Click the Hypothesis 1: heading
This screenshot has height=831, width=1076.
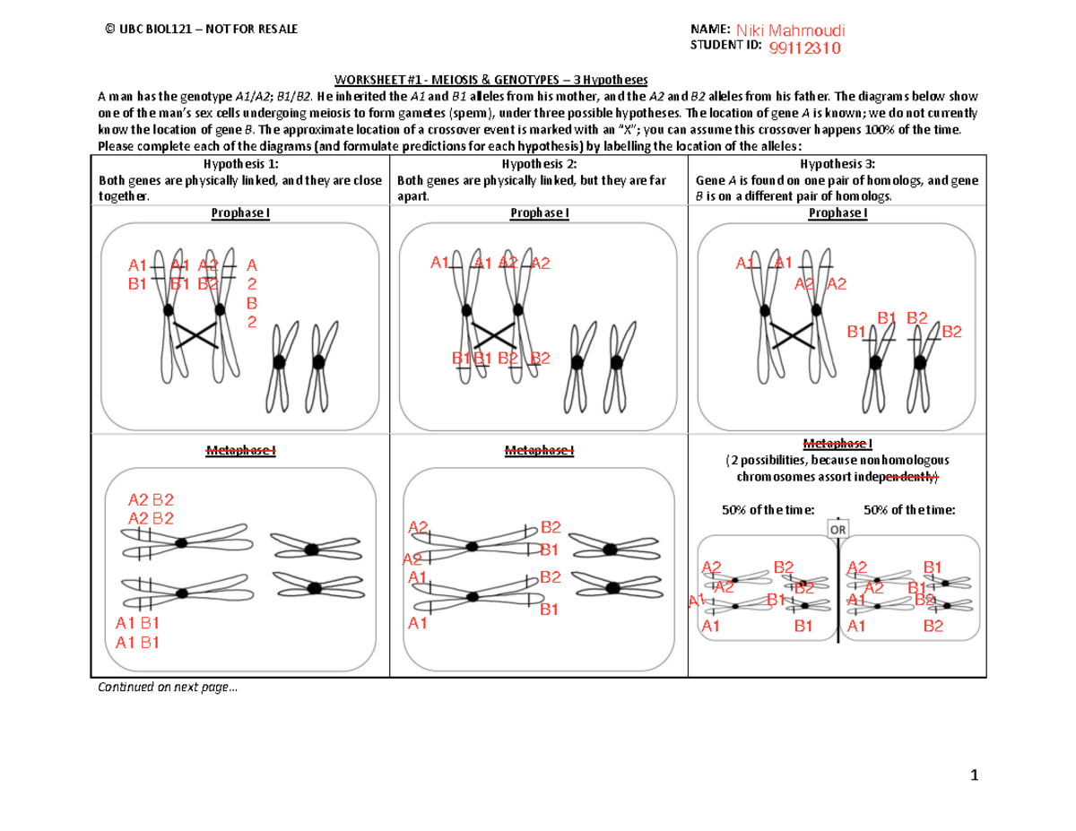pos(240,164)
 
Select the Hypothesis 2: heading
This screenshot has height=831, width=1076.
pos(538,164)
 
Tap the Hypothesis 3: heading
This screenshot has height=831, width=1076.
pos(836,164)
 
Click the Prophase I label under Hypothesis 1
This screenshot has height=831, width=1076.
pos(240,213)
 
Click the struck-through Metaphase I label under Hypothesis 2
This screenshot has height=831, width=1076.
pos(538,450)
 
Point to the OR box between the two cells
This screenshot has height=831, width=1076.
pos(837,529)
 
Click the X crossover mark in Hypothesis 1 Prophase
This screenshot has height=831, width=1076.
pos(196,335)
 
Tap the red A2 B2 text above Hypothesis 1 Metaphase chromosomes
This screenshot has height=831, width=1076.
pos(151,508)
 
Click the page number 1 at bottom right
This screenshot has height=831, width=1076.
pos(973,776)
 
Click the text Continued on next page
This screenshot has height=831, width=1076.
pos(169,688)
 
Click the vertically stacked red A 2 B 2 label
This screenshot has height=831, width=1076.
pos(252,293)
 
